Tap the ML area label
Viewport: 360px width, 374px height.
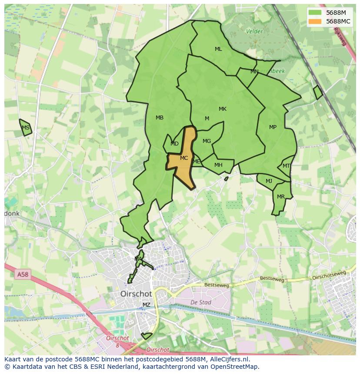click(x=218, y=49)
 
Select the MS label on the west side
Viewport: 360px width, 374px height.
click(x=26, y=128)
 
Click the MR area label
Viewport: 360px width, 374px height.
click(x=281, y=197)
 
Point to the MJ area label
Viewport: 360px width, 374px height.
click(x=269, y=181)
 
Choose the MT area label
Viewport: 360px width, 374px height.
click(x=286, y=166)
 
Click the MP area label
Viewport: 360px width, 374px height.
click(x=273, y=127)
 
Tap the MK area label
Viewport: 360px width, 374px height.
click(x=223, y=109)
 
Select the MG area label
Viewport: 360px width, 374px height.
click(x=207, y=141)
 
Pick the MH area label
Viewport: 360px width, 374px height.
click(x=218, y=165)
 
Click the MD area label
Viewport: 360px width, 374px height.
click(x=174, y=144)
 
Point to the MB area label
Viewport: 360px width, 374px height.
click(x=160, y=118)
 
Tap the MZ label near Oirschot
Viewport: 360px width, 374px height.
click(x=147, y=305)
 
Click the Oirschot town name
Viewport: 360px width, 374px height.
click(x=136, y=294)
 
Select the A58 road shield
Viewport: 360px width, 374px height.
click(x=23, y=275)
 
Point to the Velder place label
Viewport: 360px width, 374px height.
click(x=254, y=31)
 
